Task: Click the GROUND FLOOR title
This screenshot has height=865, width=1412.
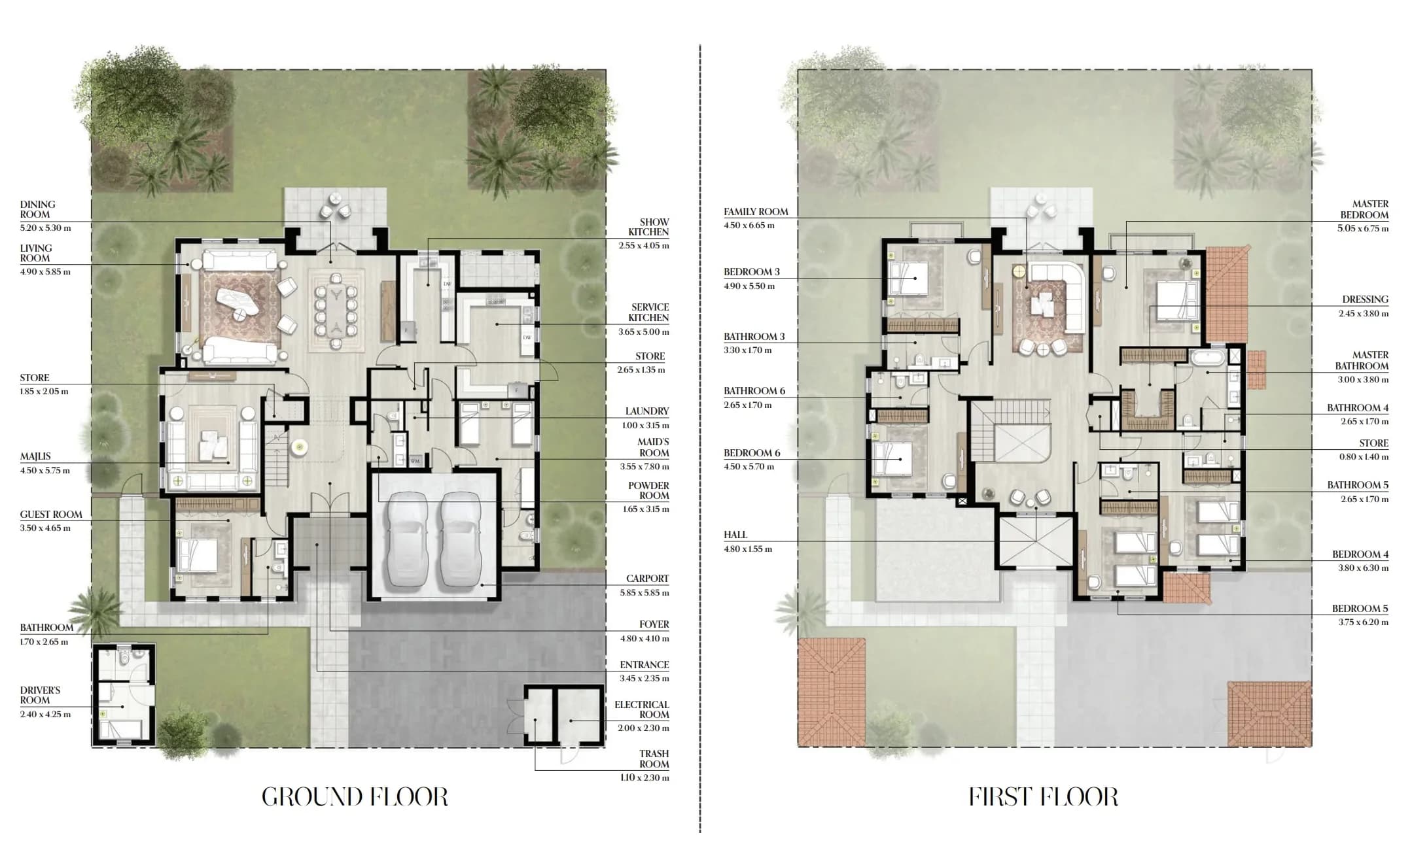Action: [355, 797]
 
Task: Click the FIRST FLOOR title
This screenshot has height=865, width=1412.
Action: [1044, 797]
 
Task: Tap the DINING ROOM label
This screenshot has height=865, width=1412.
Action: [37, 209]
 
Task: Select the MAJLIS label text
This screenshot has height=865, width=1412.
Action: [35, 456]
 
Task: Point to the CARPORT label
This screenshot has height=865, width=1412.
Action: [647, 579]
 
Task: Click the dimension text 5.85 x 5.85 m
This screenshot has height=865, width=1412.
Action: [644, 593]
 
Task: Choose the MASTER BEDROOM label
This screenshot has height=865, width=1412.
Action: [1364, 209]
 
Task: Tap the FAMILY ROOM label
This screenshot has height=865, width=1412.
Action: [756, 212]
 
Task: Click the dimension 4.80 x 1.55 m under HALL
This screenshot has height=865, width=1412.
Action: [748, 549]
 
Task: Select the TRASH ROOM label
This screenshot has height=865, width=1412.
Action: [654, 759]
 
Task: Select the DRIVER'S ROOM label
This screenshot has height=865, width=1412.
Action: [40, 695]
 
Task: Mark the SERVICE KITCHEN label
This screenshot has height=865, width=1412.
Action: [648, 313]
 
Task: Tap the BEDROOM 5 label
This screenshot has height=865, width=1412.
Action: [1360, 609]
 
